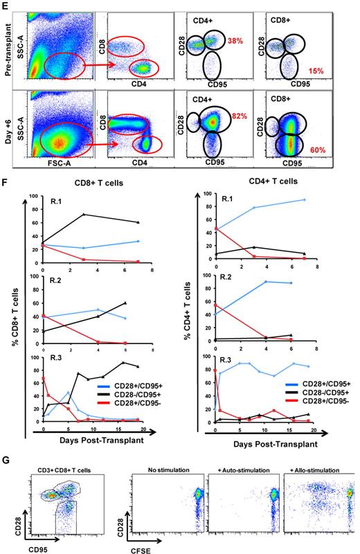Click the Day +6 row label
tap(7, 129)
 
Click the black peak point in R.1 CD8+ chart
tap(84, 214)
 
